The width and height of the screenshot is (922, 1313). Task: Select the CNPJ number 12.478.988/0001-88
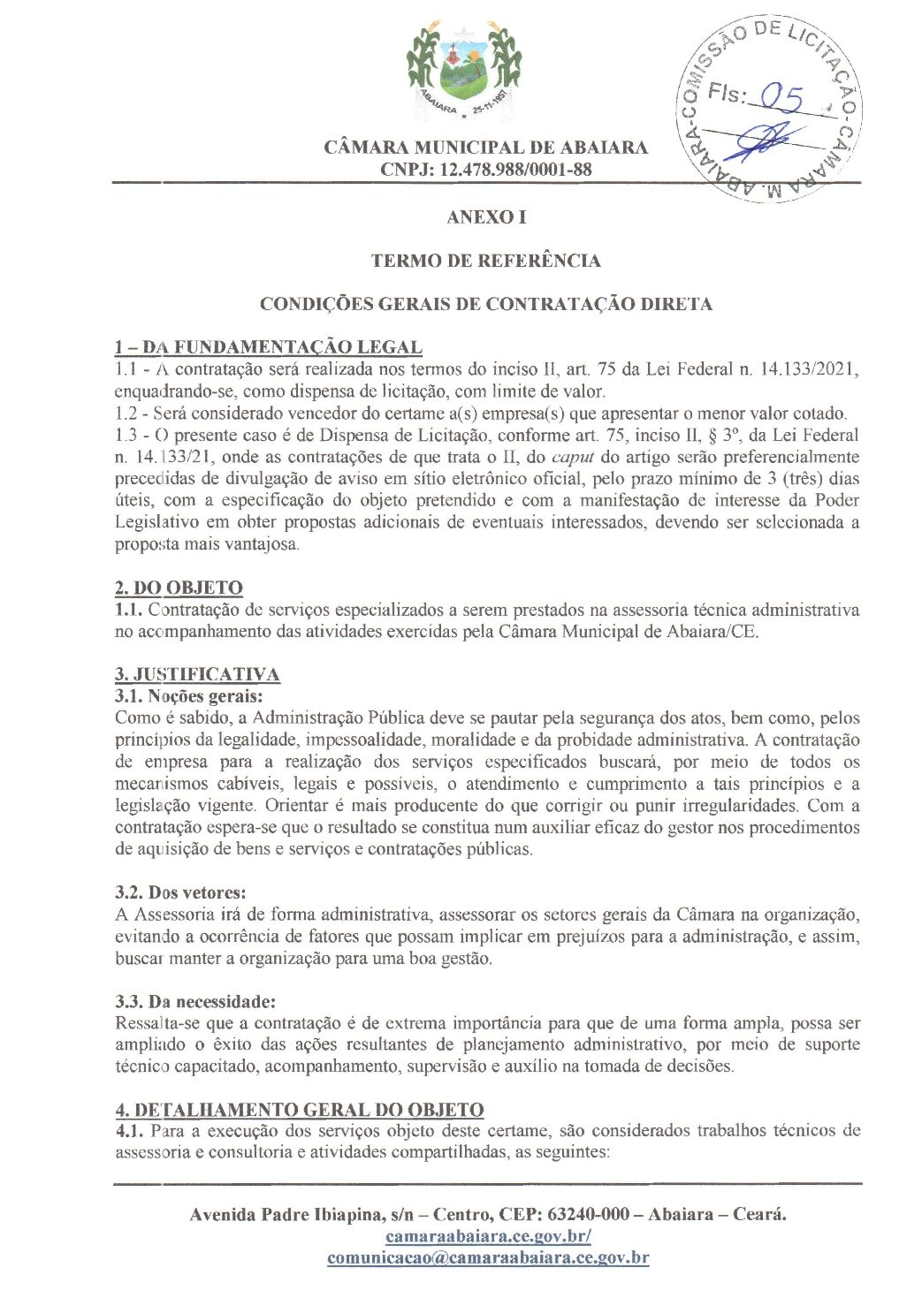coord(514,170)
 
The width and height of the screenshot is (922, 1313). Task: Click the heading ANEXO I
coord(486,217)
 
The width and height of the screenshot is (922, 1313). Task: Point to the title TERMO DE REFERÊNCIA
coord(485,261)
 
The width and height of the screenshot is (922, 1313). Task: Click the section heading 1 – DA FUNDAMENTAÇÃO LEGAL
coord(268,346)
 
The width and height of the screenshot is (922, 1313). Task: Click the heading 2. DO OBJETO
coord(179,588)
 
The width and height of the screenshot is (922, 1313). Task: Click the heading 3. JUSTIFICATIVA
coord(197,674)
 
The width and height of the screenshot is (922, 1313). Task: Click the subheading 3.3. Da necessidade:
coord(195,1001)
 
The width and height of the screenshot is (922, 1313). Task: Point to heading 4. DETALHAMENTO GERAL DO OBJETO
coord(299,1110)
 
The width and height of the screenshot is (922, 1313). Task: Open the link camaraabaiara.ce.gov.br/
coord(488,1236)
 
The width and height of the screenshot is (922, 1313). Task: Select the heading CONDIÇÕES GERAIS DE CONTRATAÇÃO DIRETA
coord(485,304)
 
